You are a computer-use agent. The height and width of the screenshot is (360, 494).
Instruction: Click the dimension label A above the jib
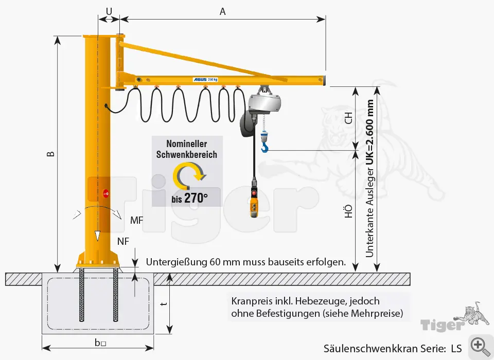(223, 11)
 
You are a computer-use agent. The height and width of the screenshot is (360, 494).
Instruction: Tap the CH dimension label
(348, 118)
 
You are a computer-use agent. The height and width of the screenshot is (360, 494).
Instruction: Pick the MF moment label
(136, 221)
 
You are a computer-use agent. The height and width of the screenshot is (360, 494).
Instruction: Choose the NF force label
(123, 241)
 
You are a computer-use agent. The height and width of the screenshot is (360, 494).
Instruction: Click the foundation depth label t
(163, 304)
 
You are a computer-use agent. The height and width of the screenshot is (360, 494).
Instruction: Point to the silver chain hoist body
(265, 103)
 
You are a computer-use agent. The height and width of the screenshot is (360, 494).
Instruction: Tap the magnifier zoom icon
(479, 345)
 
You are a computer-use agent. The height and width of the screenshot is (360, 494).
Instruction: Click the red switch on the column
(106, 193)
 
